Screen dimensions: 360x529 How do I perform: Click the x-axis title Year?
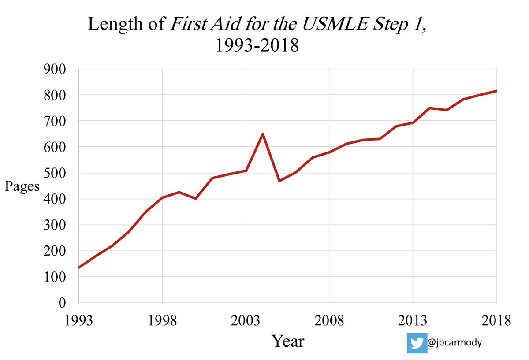[x=287, y=341]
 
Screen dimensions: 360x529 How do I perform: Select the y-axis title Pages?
[x=22, y=186]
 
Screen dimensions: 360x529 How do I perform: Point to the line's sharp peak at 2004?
[x=263, y=134]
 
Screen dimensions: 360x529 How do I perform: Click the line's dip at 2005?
[x=279, y=181]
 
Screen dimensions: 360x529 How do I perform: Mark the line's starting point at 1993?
[x=79, y=267]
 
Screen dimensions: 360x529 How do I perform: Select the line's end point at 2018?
[x=496, y=91]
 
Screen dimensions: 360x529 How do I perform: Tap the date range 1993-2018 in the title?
[x=257, y=45]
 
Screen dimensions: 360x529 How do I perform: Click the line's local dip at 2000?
[x=196, y=198]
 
